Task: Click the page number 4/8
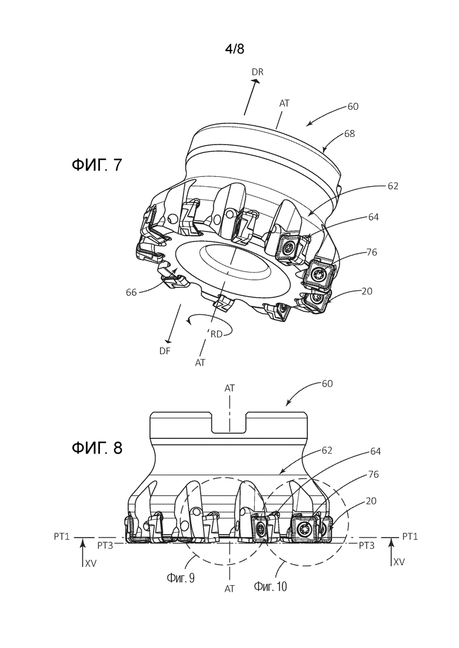tap(235, 49)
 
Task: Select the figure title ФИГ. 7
tap(97, 165)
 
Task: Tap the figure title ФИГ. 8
tap(97, 448)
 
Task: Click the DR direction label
tap(257, 72)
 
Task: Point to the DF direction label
tap(165, 351)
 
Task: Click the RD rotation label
tap(217, 334)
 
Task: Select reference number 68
tap(350, 134)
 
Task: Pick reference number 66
tap(132, 293)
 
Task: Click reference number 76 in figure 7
tap(372, 252)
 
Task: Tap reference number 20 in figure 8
tap(371, 501)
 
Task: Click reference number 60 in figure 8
tap(327, 384)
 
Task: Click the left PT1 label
tap(61, 536)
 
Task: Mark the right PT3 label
tap(366, 546)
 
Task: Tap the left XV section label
tap(91, 562)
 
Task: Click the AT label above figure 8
tap(229, 388)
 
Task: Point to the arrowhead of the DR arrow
tap(257, 82)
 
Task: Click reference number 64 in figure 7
tap(373, 217)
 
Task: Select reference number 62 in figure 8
tap(327, 450)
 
